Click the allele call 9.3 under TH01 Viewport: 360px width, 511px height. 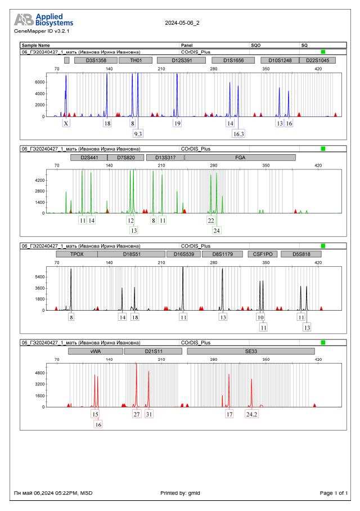(x=138, y=133)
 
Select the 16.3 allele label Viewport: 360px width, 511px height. (x=238, y=133)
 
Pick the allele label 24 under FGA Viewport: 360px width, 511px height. (x=217, y=230)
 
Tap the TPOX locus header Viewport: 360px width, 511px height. (x=76, y=254)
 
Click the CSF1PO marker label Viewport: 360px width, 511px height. (x=262, y=254)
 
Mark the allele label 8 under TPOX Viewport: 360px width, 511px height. (x=71, y=317)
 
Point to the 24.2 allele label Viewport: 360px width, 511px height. (x=251, y=414)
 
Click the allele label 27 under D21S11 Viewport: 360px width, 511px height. (x=136, y=414)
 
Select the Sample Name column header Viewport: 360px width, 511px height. (x=36, y=44)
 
